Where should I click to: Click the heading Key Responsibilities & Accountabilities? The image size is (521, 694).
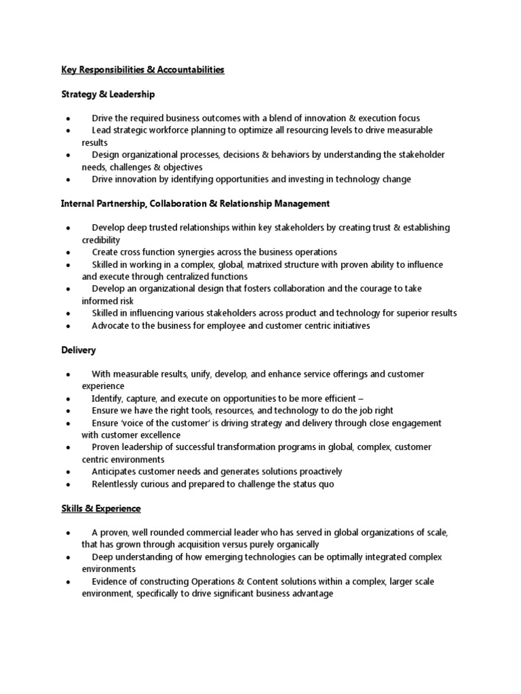point(142,70)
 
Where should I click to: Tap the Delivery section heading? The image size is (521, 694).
point(78,350)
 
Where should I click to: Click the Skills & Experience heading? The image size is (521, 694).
point(100,508)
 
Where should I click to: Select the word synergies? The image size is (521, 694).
point(200,252)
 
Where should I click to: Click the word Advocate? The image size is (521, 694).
point(112,325)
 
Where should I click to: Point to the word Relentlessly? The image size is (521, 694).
point(119,484)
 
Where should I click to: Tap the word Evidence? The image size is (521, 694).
point(111,581)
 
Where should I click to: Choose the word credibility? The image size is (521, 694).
point(101,240)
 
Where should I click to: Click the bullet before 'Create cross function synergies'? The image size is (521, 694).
point(69,252)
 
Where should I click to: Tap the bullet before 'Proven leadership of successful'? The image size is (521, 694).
point(69,447)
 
